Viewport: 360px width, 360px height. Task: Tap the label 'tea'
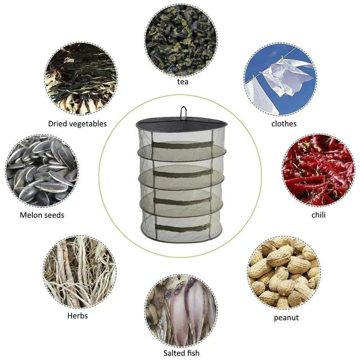pos(183,82)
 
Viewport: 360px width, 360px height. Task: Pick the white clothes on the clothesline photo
pos(280,79)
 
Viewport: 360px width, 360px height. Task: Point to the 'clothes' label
pos(284,124)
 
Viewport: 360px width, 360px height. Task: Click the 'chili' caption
pos(319,215)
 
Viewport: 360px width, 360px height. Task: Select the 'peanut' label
pos(286,318)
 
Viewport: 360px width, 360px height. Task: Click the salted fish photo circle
pos(181,310)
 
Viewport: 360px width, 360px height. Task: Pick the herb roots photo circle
pos(80,272)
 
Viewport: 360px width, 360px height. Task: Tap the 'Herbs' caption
pos(78,316)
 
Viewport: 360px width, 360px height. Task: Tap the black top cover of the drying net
pos(181,125)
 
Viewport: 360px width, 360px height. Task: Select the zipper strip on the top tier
pos(183,145)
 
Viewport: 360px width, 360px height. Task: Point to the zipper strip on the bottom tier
pos(183,228)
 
